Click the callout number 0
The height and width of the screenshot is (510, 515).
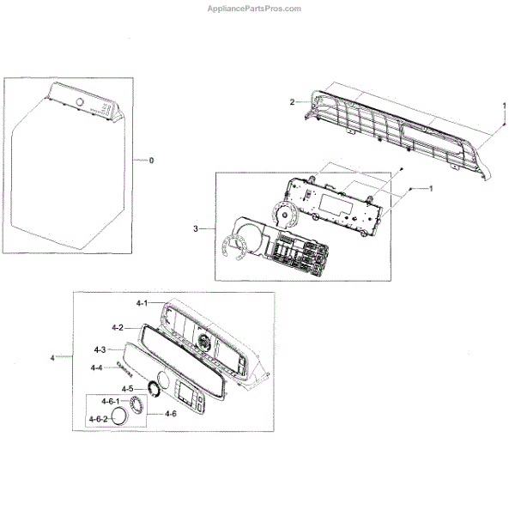click(151, 161)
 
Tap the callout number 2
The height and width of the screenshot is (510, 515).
click(292, 102)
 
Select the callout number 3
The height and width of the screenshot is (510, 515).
click(197, 228)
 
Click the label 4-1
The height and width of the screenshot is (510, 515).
click(142, 304)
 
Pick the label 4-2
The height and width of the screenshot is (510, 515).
click(118, 327)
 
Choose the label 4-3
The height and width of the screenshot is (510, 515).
click(99, 350)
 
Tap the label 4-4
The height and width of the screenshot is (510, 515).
click(97, 368)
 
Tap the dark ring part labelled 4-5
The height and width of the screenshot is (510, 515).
click(156, 388)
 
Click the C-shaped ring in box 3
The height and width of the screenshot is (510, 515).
click(232, 247)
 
